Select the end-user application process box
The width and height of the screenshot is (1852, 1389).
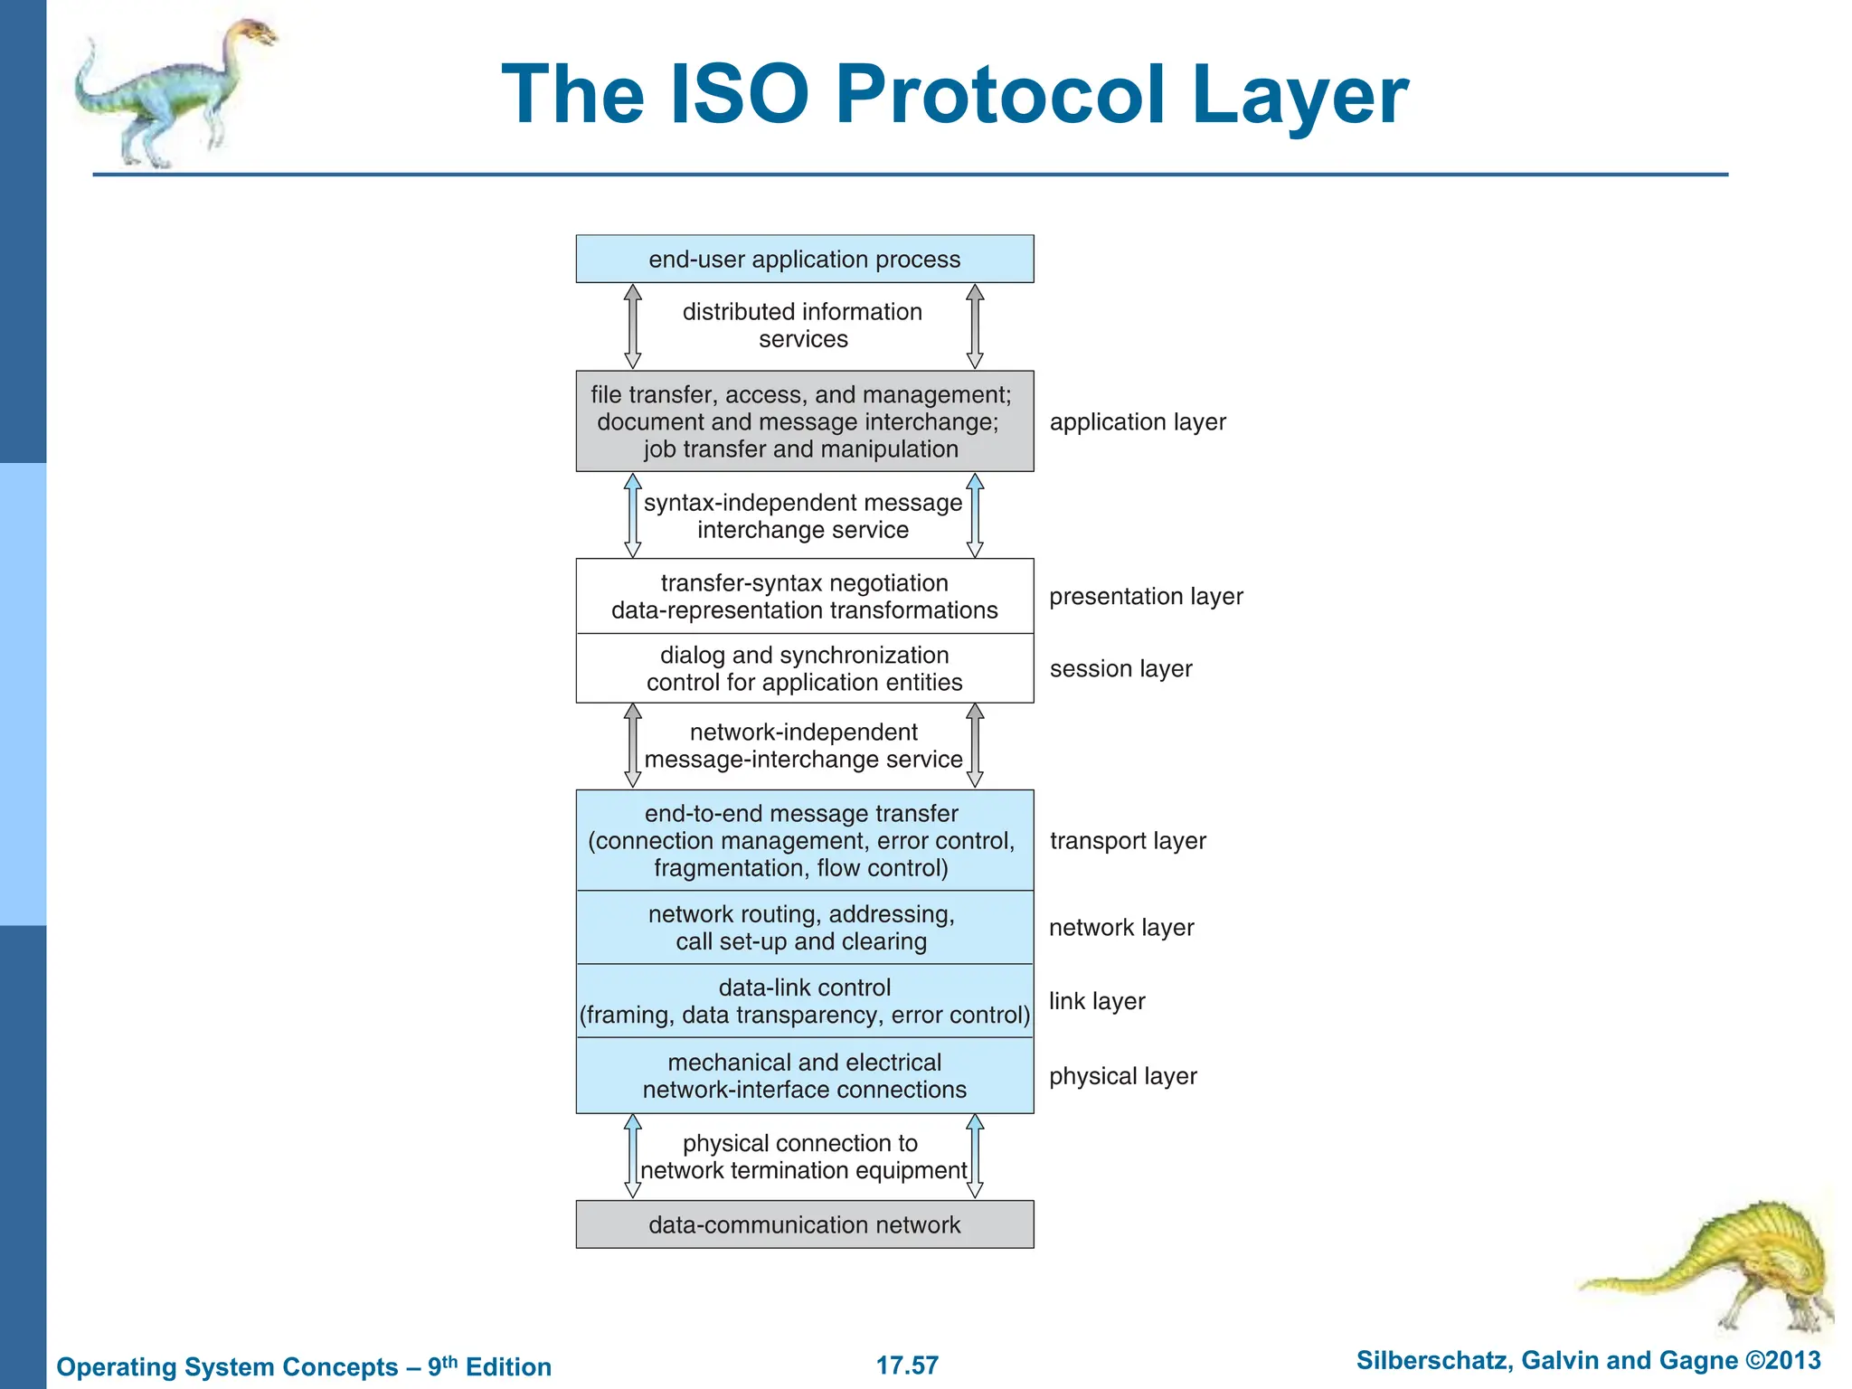tap(804, 260)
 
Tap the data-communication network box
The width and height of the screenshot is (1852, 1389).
tap(804, 1224)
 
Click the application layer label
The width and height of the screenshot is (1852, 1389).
tap(1137, 422)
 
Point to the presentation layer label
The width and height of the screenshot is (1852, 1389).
tap(1146, 597)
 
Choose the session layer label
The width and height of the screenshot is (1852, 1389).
tap(1120, 669)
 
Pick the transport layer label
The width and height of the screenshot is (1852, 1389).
tap(1128, 841)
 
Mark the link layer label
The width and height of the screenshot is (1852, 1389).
tap(1097, 1001)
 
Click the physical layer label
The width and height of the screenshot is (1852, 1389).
tap(1122, 1076)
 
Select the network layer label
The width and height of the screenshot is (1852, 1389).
tap(1121, 928)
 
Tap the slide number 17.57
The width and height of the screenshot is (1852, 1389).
tap(907, 1365)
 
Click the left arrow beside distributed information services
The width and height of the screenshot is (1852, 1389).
tap(633, 326)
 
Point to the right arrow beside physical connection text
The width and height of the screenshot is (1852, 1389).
tap(975, 1156)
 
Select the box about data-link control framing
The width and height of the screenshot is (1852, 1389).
tap(804, 1001)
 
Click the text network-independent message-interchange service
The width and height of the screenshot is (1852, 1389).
tap(803, 746)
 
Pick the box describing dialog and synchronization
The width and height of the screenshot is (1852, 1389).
tap(804, 669)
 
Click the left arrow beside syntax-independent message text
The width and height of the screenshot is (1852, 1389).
tap(633, 515)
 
